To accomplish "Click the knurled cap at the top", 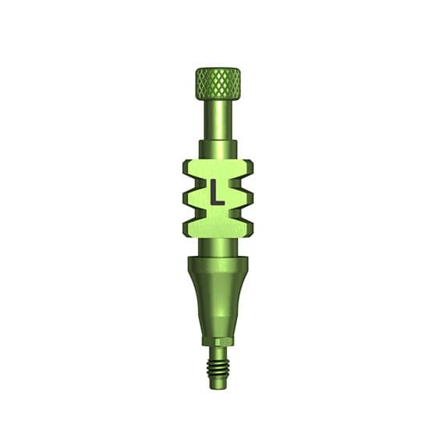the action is tap(218, 83).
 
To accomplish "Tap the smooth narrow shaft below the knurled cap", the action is tap(218, 120).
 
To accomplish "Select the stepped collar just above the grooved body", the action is tap(218, 150).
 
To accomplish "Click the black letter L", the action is tap(217, 192).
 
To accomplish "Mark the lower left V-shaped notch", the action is tap(198, 214).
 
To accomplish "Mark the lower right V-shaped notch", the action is tap(237, 214).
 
